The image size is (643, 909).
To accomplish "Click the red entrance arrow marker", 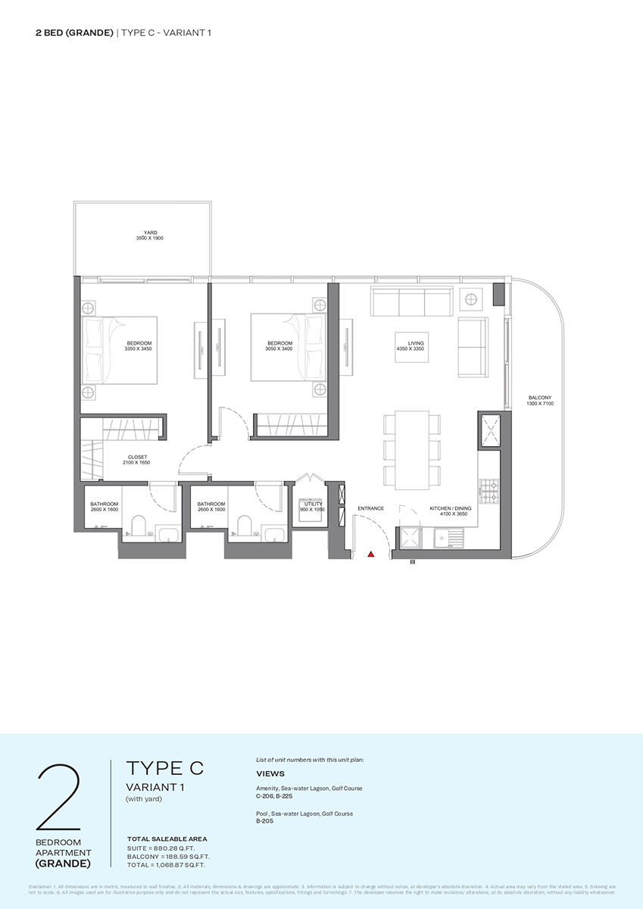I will pos(370,554).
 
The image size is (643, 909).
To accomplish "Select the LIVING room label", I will pos(416,343).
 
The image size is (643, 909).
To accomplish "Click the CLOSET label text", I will pos(138,458).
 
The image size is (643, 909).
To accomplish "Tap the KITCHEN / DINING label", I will pos(451,508).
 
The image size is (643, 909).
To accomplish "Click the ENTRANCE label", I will pos(371,508).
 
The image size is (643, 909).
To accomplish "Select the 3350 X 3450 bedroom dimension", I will pos(140,349).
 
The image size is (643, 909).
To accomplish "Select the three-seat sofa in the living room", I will pos(412,302).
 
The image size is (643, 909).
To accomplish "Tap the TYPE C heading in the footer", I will pos(164,768).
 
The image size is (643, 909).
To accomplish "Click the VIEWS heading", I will pos(270,774).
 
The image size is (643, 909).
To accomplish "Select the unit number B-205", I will pos(264,820).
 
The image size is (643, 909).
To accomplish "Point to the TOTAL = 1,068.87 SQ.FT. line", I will pos(166,864).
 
